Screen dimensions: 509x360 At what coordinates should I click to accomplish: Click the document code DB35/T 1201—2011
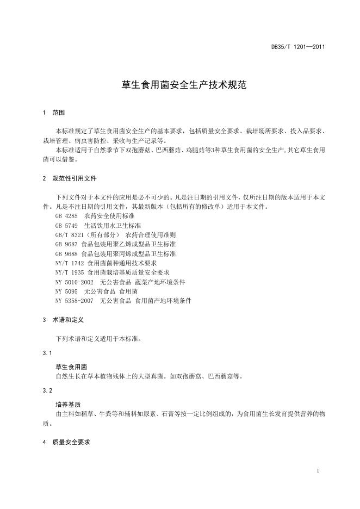(298, 47)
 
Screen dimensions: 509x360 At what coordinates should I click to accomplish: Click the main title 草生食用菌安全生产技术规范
(179, 85)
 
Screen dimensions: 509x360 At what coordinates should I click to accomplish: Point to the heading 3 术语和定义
(63, 320)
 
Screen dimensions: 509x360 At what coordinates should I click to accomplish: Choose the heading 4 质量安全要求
(66, 443)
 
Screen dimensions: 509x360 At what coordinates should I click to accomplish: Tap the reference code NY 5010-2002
(73, 282)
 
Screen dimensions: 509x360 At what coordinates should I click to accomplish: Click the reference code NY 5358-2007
(73, 300)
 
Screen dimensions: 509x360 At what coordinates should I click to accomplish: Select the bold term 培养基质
(68, 405)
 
